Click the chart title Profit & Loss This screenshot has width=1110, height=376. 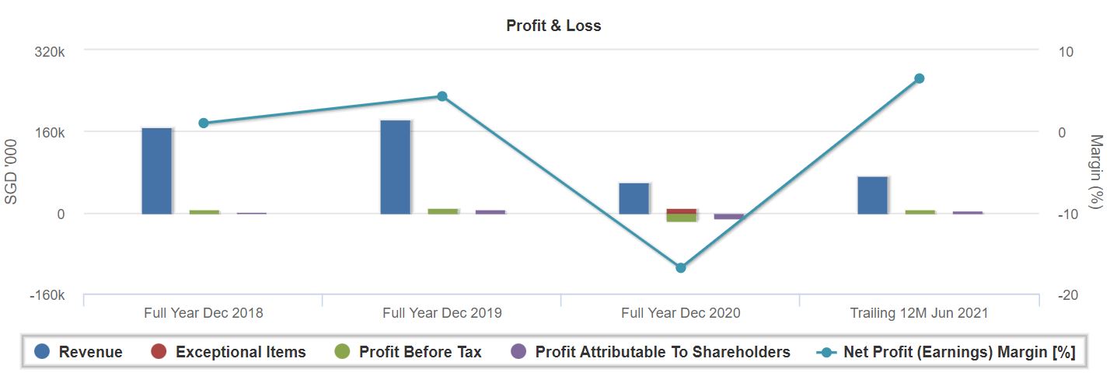553,26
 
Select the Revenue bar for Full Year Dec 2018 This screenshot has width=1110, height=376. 156,170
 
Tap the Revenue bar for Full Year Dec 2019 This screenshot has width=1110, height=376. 395,166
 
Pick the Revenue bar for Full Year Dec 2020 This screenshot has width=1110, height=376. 634,198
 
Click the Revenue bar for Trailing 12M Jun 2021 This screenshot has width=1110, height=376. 872,195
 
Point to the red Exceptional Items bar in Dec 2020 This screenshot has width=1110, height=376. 682,211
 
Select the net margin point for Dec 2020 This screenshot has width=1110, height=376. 681,267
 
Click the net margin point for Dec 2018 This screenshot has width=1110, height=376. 204,123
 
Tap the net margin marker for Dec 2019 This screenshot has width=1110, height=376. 442,96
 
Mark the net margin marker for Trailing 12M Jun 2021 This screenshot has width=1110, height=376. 920,78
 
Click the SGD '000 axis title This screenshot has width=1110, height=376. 11,172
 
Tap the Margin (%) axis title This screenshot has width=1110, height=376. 1097,172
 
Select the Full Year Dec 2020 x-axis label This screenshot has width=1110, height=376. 681,313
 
